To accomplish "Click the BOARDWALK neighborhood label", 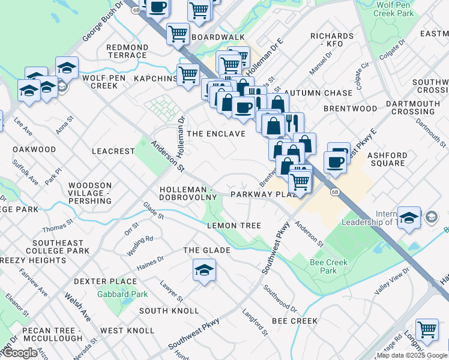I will click(x=218, y=37).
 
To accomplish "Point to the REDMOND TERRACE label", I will click(x=127, y=51).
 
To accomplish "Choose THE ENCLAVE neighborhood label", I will click(x=216, y=134).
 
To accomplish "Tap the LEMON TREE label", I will click(x=234, y=226).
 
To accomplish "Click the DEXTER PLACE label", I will click(x=106, y=281).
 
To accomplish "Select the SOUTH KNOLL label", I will click(x=169, y=311).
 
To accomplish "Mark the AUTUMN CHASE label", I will click(x=318, y=94).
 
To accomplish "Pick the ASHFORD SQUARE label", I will click(x=387, y=159).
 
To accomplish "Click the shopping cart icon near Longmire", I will click(x=426, y=329).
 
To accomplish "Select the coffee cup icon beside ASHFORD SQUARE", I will click(x=335, y=161).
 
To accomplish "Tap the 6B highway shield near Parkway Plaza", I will click(x=335, y=191).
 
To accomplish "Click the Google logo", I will click(x=20, y=353).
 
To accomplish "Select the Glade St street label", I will click(x=153, y=210).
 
